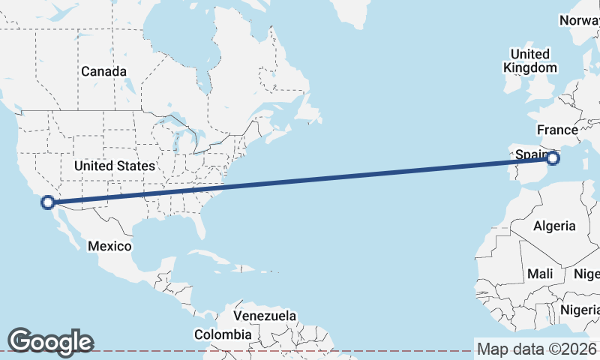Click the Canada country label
(x=103, y=71)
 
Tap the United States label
(x=115, y=166)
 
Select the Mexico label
(x=109, y=246)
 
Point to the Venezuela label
(x=265, y=316)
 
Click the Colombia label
(x=223, y=334)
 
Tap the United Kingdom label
(x=530, y=61)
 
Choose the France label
(x=557, y=130)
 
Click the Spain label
(x=529, y=155)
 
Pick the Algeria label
(x=554, y=226)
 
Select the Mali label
(x=540, y=274)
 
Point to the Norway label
(x=579, y=20)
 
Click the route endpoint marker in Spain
(x=553, y=158)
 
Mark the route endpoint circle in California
(x=48, y=202)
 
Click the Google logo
(x=51, y=341)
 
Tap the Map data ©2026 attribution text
(x=537, y=349)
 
